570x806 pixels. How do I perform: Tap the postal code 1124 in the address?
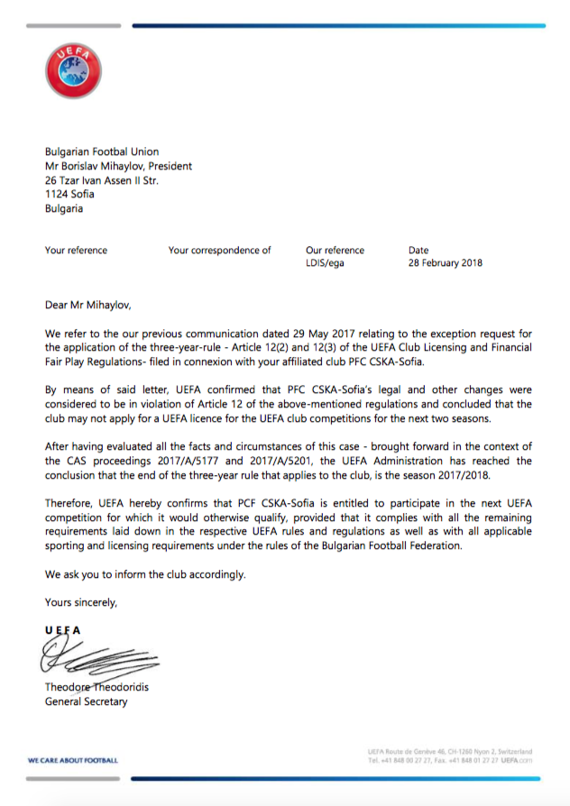pos(58,194)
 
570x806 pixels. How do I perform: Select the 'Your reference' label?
pos(76,251)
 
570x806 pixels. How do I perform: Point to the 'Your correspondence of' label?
pos(219,251)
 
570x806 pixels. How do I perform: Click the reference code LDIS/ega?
pos(326,263)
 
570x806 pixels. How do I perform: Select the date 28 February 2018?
pos(446,263)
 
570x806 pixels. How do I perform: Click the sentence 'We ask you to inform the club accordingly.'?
pos(145,574)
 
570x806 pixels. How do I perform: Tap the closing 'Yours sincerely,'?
pos(81,601)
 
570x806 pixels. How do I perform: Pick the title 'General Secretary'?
pos(87,701)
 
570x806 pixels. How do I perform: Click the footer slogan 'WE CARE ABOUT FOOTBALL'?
pos(73,760)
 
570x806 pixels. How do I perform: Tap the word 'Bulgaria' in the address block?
pos(64,208)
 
